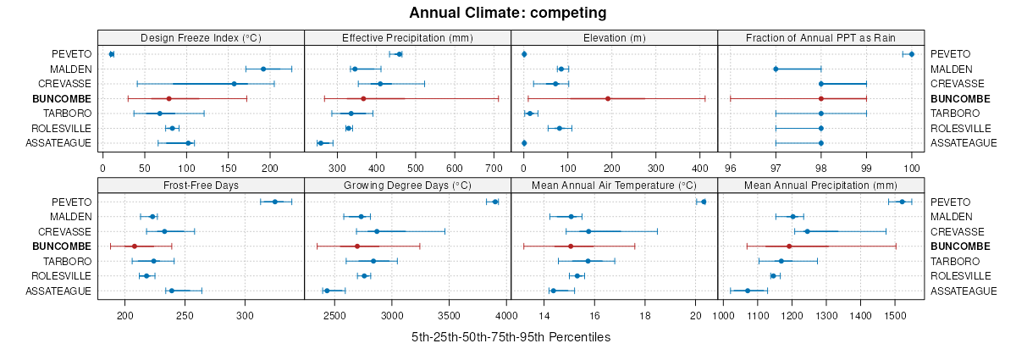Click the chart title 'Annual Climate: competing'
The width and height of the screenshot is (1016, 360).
pos(507,13)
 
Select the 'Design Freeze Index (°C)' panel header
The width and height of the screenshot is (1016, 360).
pos(201,37)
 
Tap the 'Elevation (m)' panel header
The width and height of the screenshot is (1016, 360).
pos(614,37)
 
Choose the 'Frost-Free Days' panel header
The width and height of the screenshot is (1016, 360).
pos(201,185)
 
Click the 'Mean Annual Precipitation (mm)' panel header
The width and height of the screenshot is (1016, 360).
pos(820,185)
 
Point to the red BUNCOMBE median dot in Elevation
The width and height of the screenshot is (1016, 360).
pos(608,98)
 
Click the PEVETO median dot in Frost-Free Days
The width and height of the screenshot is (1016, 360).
pos(274,202)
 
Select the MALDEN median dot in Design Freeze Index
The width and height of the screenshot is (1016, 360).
pos(263,69)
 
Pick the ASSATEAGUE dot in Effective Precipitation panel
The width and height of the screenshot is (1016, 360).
pos(320,143)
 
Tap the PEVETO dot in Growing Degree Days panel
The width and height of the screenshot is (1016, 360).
pos(495,202)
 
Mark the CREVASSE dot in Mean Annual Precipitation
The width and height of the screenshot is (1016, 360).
pos(807,231)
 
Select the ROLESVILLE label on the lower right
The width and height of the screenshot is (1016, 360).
pos(961,275)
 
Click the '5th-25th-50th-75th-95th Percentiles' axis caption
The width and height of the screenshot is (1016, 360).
pos(511,337)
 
